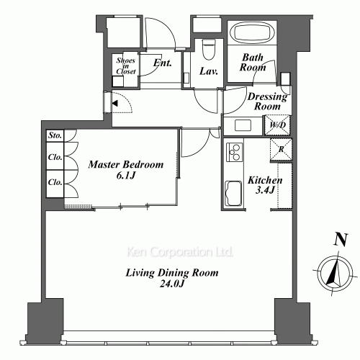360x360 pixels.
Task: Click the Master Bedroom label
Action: point(126,170)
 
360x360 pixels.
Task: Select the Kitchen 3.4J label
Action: point(264,186)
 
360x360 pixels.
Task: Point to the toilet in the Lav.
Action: point(208,49)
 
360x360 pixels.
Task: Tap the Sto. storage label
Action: point(55,135)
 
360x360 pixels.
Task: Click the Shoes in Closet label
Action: point(126,66)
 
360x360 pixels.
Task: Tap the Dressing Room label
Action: point(267,102)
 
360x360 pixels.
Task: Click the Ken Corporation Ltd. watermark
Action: point(180,253)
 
